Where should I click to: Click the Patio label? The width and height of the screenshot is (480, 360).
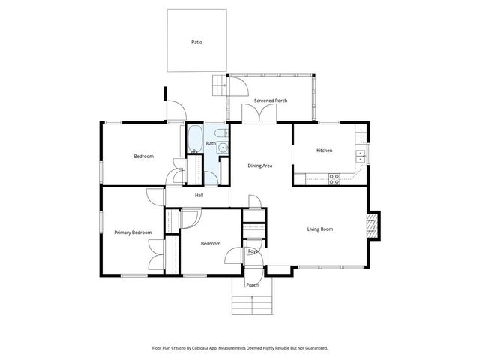196,42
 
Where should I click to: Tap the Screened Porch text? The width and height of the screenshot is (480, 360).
271,100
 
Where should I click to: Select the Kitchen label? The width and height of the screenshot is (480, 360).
324,151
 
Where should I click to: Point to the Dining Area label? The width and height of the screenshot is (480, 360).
259,166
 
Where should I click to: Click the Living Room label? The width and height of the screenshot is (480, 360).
319,229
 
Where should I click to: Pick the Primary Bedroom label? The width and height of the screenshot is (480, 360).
133,232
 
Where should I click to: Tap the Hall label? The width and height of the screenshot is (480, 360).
199,196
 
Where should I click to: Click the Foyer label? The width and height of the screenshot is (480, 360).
253,251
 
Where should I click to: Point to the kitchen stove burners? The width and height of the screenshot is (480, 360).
335,178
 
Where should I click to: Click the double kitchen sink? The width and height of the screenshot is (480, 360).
361,156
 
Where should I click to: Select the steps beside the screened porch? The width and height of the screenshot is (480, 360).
218,86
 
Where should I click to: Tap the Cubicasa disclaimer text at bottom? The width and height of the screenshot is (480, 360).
240,348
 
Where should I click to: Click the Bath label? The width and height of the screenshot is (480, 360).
211,143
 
